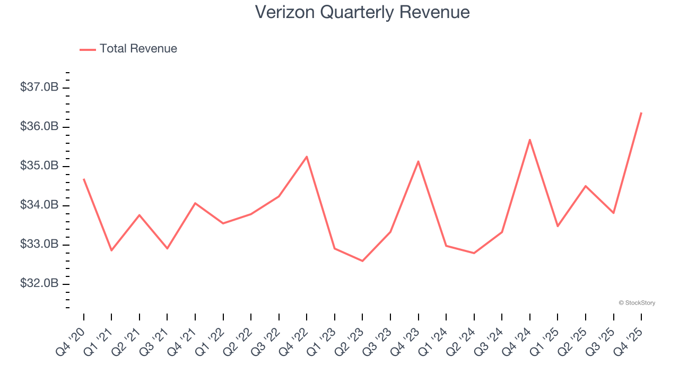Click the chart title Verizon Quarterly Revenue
coord(362,12)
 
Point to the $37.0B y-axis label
coord(39,87)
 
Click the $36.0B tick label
coord(39,127)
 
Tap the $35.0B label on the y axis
coord(39,166)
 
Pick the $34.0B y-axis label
coord(39,205)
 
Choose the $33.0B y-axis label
coord(39,245)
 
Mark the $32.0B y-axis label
coord(39,284)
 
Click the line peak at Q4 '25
coord(641,112)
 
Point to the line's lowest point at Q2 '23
coord(362,261)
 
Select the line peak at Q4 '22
coord(307,157)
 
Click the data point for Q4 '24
coord(530,140)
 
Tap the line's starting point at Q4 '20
coord(84,179)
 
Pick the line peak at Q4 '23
coord(418,161)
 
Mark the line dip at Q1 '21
coord(111,250)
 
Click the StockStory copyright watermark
coord(637,303)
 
